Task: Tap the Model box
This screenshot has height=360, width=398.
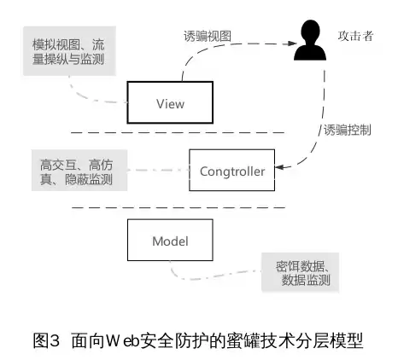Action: pyautogui.click(x=169, y=241)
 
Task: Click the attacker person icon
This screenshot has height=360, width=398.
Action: pyautogui.click(x=310, y=42)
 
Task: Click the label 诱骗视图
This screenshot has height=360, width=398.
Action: pyautogui.click(x=208, y=37)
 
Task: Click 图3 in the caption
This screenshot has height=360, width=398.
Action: pyautogui.click(x=44, y=340)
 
